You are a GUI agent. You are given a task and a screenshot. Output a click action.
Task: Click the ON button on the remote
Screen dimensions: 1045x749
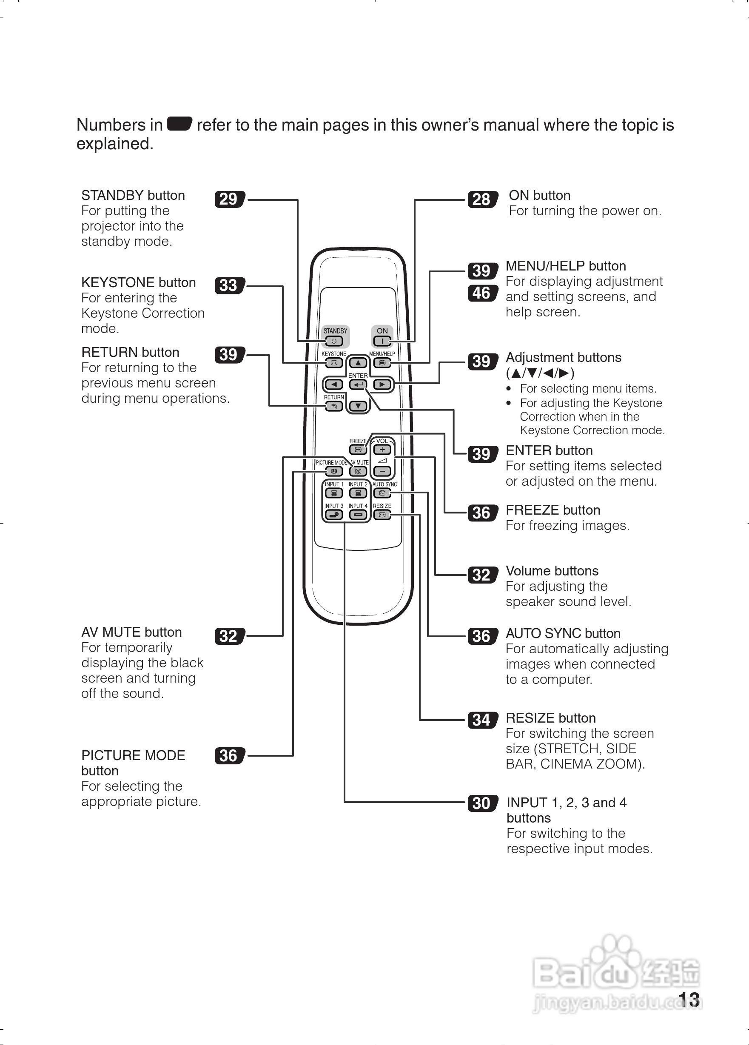click(382, 342)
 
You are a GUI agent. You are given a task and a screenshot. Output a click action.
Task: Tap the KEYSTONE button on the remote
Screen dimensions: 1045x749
click(334, 363)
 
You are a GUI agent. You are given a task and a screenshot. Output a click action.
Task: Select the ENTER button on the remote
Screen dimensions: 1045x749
click(358, 384)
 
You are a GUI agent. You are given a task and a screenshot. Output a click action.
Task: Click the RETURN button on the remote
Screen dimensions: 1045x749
click(334, 406)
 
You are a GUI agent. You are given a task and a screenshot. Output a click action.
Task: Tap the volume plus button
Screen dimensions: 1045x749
click(382, 450)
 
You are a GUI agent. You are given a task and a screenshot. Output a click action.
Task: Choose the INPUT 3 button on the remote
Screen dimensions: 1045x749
click(334, 515)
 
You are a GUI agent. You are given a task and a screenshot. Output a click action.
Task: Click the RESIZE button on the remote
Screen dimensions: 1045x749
click(382, 515)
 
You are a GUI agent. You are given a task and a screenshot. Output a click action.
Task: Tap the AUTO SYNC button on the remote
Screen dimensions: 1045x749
click(382, 493)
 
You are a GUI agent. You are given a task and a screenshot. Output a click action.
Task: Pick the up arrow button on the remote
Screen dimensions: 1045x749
click(358, 363)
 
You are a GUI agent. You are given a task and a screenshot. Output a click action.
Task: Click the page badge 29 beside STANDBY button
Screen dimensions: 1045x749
click(229, 199)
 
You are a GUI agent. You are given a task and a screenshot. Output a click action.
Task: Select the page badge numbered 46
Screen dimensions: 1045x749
click(482, 293)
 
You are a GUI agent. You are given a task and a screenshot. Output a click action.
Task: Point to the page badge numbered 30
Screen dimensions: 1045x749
click(482, 803)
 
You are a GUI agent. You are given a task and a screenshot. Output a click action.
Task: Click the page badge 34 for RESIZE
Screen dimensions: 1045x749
click(482, 720)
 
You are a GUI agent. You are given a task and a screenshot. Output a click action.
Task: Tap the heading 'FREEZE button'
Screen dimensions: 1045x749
click(553, 510)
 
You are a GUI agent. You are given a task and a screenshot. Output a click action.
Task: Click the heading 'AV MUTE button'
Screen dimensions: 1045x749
click(131, 632)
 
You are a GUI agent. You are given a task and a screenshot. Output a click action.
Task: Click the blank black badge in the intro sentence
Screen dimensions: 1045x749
click(179, 124)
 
